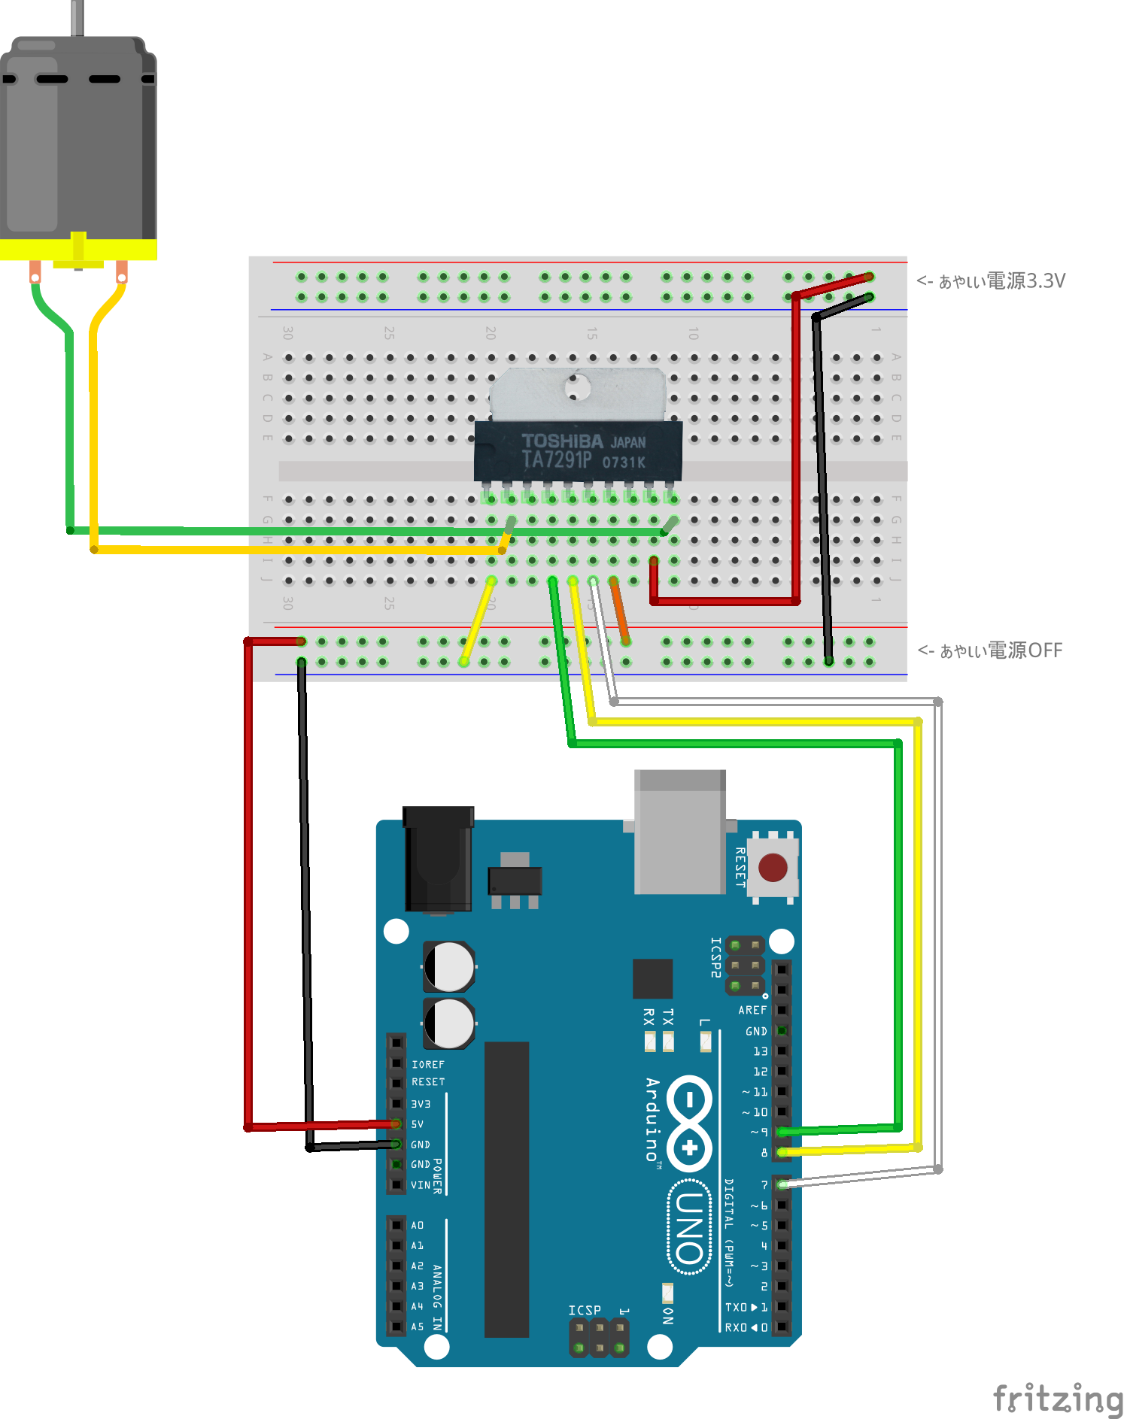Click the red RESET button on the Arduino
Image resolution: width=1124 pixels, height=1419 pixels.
[773, 867]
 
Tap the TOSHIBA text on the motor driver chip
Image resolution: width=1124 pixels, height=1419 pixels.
[562, 441]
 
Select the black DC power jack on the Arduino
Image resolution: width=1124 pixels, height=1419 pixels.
[438, 860]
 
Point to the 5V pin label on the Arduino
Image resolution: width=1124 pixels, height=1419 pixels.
[418, 1124]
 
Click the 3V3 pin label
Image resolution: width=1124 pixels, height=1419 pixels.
[421, 1104]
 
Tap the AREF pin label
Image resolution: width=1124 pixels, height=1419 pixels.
[752, 1010]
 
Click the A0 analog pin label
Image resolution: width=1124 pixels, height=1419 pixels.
[418, 1225]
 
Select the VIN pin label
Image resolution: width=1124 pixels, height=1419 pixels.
[421, 1185]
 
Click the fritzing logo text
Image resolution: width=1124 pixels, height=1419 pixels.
[1057, 1398]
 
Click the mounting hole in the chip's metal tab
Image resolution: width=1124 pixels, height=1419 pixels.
[578, 387]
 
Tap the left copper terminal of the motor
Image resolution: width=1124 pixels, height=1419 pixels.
[35, 272]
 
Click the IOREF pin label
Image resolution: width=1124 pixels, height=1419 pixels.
[427, 1064]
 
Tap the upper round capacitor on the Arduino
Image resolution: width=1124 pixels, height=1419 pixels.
[449, 966]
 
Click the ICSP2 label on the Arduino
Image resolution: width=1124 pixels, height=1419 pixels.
[715, 957]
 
